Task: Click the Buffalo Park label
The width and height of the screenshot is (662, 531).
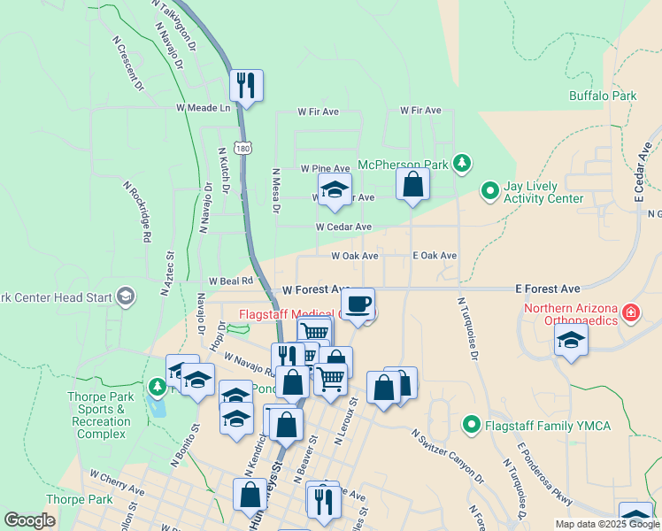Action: click(603, 96)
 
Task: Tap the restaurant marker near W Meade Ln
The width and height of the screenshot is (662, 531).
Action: click(245, 86)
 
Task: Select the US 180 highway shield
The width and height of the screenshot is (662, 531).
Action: click(243, 149)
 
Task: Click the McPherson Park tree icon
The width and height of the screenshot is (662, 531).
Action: click(461, 163)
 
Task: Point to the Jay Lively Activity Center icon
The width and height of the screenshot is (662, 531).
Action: click(489, 190)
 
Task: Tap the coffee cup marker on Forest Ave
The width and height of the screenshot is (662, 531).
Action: click(358, 304)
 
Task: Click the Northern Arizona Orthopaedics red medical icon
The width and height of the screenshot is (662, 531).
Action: click(630, 312)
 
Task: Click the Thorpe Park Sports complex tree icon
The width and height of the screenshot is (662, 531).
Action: click(157, 386)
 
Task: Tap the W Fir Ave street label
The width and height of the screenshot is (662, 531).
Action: click(319, 112)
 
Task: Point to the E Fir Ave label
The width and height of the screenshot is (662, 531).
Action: click(420, 111)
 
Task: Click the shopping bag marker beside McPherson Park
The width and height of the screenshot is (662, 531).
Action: click(412, 184)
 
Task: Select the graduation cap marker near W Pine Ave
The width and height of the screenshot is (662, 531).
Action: click(335, 189)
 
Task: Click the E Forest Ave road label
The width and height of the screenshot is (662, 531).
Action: click(549, 289)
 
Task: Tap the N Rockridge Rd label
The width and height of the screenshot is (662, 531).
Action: click(137, 213)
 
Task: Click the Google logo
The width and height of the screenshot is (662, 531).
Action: click(29, 520)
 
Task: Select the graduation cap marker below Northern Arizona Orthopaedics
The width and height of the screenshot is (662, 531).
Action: click(572, 341)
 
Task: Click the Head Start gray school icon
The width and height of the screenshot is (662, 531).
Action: click(126, 296)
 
